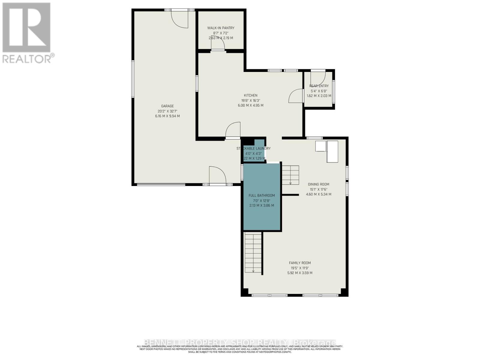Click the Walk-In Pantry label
(x=221, y=28)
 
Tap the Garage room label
(x=167, y=106)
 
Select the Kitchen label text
(x=250, y=95)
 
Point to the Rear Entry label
(x=319, y=86)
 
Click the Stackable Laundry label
(x=253, y=148)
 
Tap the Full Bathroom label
(x=262, y=195)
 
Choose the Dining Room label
(x=319, y=184)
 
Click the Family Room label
(x=300, y=263)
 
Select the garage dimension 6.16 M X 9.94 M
(x=167, y=116)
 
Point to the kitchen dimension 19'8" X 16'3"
(x=250, y=100)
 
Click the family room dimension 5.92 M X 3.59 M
(x=300, y=273)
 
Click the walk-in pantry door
(x=218, y=45)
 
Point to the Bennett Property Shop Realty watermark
(x=240, y=343)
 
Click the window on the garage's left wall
(x=133, y=79)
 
